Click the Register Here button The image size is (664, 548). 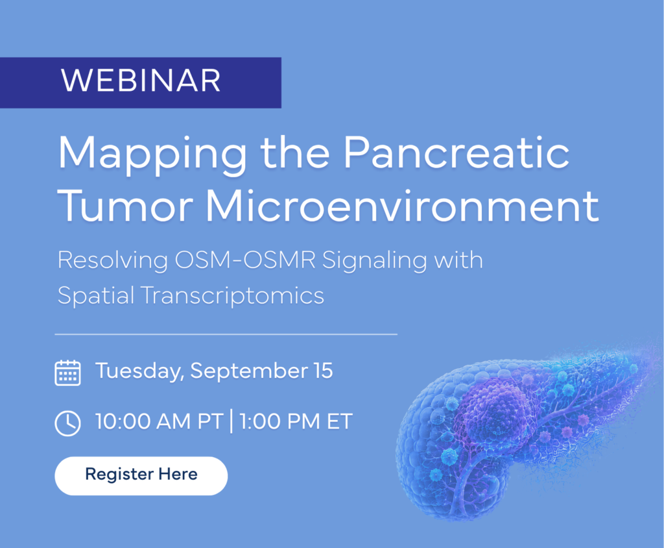click(141, 475)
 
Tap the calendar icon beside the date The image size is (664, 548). click(67, 373)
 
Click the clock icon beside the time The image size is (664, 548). click(67, 423)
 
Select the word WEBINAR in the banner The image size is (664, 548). click(141, 80)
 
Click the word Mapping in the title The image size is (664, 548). click(152, 155)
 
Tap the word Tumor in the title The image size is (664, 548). click(125, 206)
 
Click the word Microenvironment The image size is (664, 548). click(403, 206)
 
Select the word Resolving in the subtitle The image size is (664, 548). click(113, 260)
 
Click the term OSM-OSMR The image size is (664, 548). click(245, 260)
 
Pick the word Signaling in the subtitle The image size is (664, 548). click(374, 261)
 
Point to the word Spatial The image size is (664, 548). click(96, 295)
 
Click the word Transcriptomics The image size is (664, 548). click(233, 295)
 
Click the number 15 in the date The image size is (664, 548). click(324, 371)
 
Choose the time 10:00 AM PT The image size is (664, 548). click(160, 421)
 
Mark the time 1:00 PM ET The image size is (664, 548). click(296, 421)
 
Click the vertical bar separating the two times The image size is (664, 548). click(231, 421)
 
